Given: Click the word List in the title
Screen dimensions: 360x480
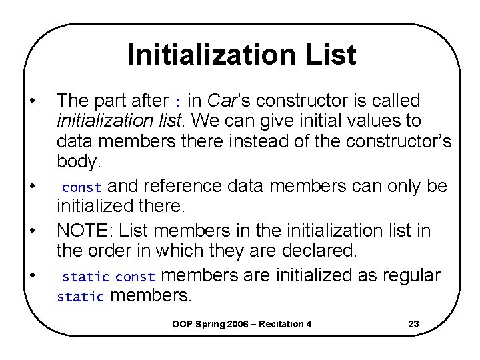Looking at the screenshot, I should pyautogui.click(x=330, y=55).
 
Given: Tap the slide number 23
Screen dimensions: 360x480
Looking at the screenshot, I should pyautogui.click(x=413, y=325).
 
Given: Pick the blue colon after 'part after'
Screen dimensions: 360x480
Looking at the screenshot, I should pyautogui.click(x=177, y=102).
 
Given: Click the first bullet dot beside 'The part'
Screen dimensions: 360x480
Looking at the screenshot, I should pyautogui.click(x=32, y=101).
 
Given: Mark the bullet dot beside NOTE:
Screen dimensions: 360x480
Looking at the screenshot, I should pyautogui.click(x=32, y=231).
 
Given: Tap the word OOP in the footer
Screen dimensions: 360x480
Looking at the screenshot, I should pyautogui.click(x=182, y=325).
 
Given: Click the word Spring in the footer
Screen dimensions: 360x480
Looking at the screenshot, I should pyautogui.click(x=212, y=325).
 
